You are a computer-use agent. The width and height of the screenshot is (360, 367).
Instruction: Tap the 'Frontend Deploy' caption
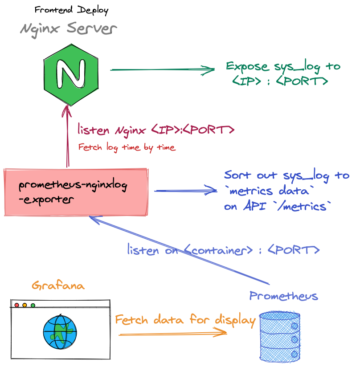click(x=71, y=10)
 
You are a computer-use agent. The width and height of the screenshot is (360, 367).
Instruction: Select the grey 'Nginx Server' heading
click(x=69, y=29)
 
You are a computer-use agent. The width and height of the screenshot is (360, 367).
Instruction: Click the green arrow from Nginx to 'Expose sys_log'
click(x=163, y=69)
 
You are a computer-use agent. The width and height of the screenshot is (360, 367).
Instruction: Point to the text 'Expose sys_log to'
click(x=283, y=67)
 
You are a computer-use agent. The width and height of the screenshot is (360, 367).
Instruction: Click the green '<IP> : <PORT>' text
click(x=280, y=82)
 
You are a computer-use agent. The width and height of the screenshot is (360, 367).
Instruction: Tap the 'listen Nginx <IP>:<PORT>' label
click(x=156, y=130)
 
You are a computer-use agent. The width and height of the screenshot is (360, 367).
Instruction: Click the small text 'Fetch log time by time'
click(x=127, y=147)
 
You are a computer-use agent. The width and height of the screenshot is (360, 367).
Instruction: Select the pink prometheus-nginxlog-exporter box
click(x=76, y=192)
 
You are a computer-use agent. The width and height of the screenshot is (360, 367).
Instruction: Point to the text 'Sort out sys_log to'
click(x=286, y=175)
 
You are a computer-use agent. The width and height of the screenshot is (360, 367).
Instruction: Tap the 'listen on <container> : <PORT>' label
click(x=223, y=250)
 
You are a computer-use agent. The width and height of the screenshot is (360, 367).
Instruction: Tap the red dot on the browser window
click(x=17, y=305)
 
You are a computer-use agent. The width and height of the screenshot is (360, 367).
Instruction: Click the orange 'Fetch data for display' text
click(x=185, y=320)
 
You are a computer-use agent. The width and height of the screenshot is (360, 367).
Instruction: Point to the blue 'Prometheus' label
click(x=284, y=296)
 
